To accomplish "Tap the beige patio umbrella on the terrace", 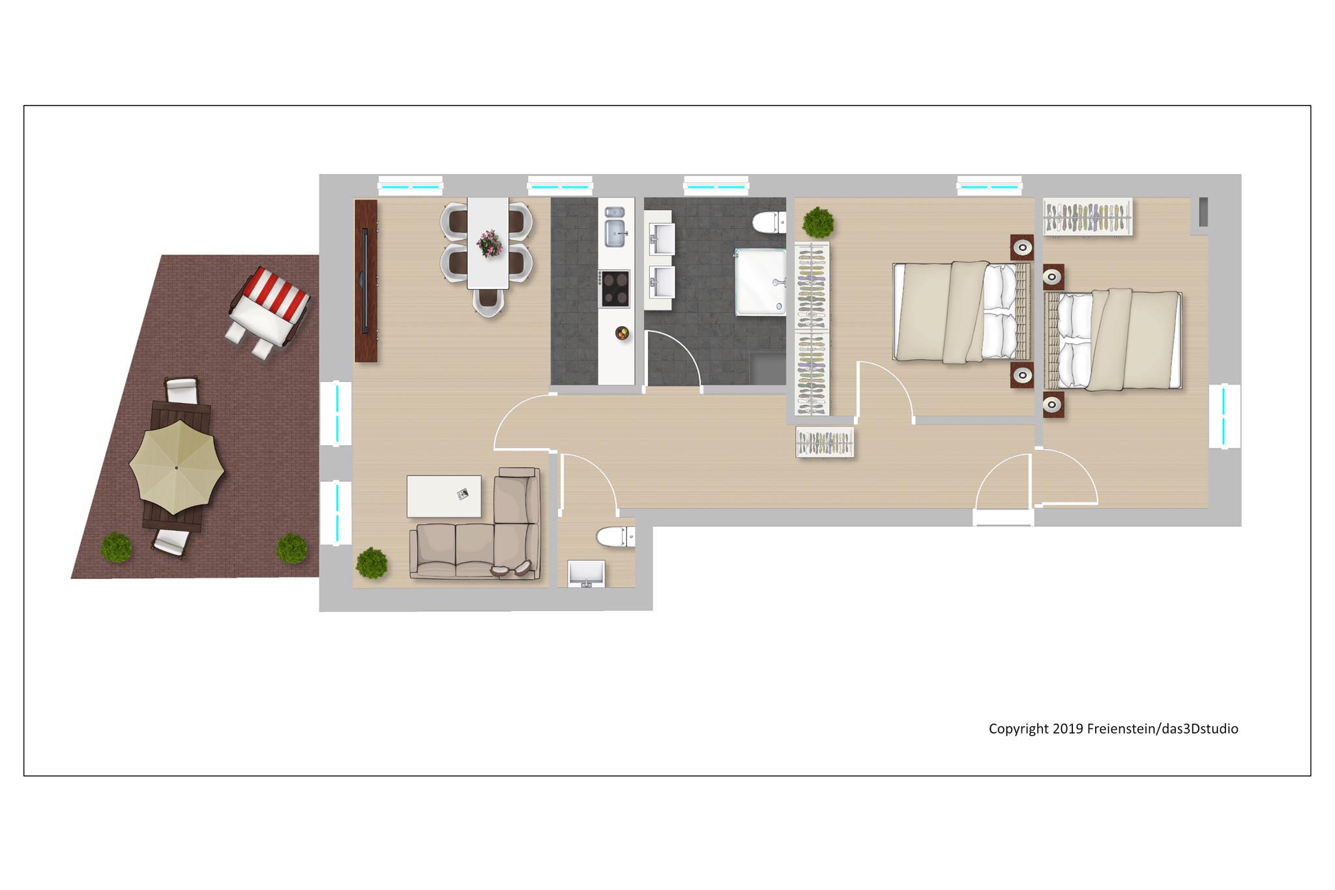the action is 177,467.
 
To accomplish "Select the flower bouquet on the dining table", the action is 489,243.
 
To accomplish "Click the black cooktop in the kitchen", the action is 615,288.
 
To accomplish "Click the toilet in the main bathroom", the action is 769,222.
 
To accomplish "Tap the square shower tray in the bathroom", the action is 761,282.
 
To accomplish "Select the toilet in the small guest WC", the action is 615,537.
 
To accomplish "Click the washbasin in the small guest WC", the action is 586,574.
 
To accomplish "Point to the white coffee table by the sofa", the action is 444,496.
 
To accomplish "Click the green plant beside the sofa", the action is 372,563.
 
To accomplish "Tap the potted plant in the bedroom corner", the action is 818,223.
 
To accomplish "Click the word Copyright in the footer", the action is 1019,729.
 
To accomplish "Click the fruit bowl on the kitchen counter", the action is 623,333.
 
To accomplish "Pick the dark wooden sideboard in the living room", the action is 366,281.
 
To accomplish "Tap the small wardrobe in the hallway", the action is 825,442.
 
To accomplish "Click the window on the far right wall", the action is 1224,416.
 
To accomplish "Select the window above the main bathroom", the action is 716,186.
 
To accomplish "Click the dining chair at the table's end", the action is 488,303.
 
